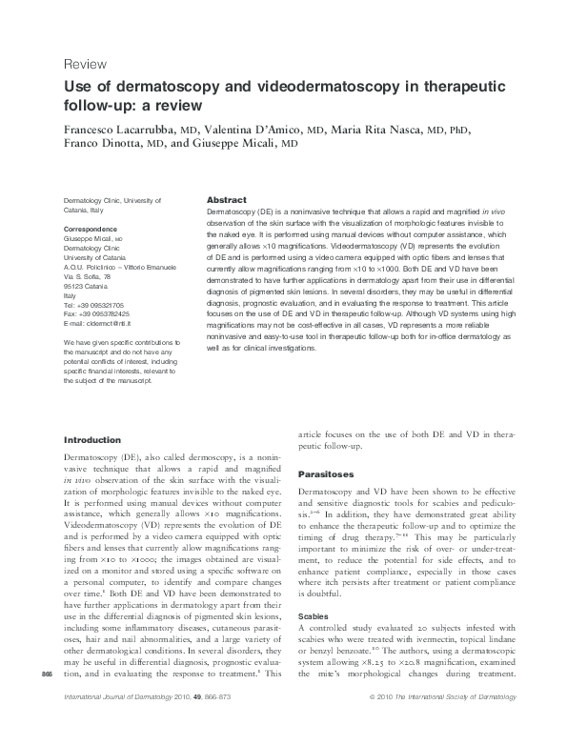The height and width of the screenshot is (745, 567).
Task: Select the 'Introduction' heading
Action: coord(91,440)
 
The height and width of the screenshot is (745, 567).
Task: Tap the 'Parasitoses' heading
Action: coord(327,473)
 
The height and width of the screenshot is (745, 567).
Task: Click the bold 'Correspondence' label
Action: coord(91,231)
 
